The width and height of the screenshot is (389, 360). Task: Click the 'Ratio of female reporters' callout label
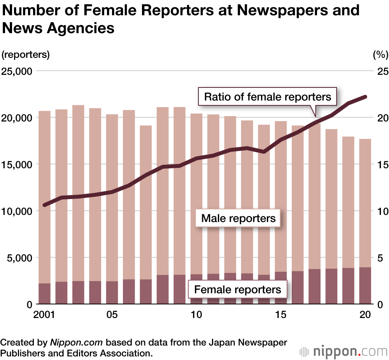point(268,96)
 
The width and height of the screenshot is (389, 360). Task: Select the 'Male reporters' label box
point(238,218)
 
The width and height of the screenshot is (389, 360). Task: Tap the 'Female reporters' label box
point(237,290)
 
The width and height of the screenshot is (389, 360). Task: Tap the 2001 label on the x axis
point(44,315)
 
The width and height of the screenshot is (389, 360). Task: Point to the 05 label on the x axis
point(112,315)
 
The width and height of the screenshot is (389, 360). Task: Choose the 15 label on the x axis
point(281,315)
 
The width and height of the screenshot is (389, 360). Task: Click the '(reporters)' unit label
point(26,55)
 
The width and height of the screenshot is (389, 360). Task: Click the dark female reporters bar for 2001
point(44,294)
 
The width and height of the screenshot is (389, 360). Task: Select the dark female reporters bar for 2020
point(365,286)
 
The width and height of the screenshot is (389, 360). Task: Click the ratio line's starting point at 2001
point(44,205)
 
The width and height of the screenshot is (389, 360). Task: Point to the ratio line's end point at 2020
point(365,96)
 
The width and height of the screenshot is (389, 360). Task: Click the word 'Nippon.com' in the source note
point(76,343)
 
